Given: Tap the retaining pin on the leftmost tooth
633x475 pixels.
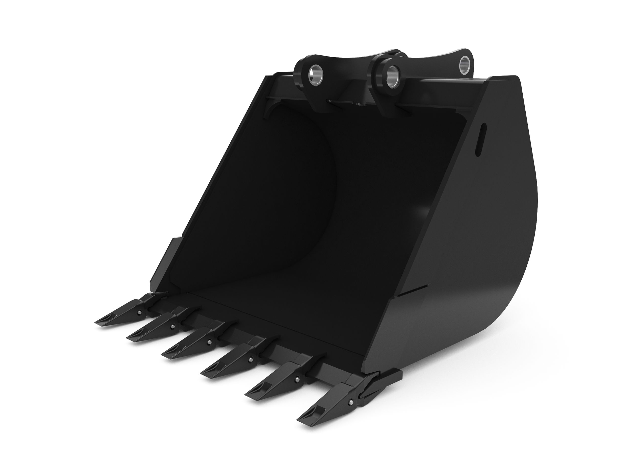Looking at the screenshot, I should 139,312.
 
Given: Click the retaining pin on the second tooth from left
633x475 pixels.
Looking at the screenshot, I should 173,326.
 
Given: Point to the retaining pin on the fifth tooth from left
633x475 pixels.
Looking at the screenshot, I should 298,378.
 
